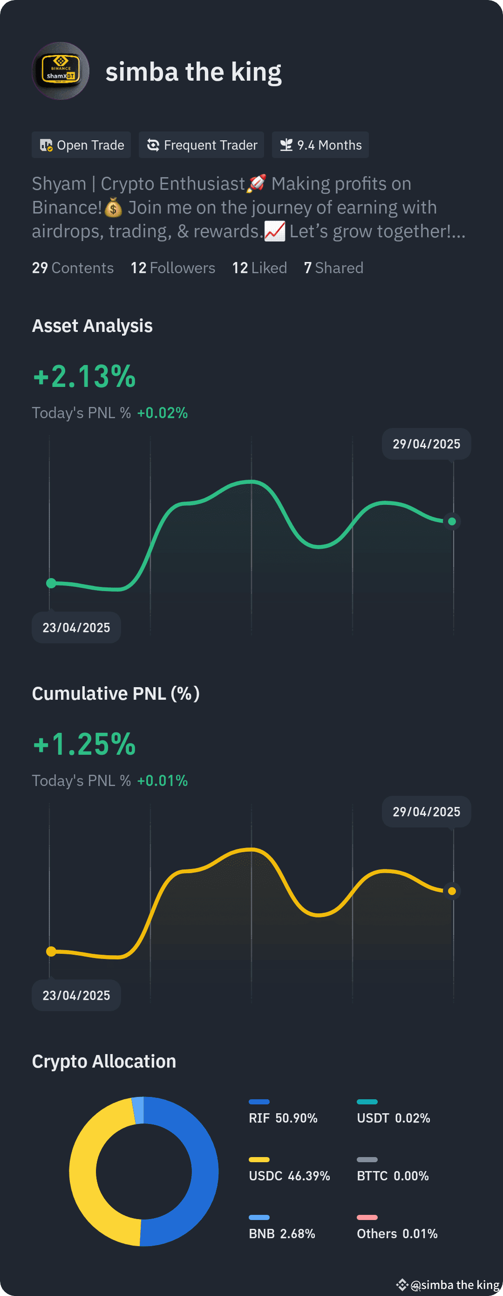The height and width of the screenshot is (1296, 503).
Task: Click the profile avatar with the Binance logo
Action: pyautogui.click(x=60, y=71)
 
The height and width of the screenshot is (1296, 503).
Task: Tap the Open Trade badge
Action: pyautogui.click(x=82, y=145)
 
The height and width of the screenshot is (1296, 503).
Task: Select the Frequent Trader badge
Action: pyautogui.click(x=202, y=145)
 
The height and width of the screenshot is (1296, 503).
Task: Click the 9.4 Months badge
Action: pyautogui.click(x=320, y=145)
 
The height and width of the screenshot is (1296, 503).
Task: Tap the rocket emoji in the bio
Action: pyautogui.click(x=256, y=183)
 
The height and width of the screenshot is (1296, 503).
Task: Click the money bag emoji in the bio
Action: pyautogui.click(x=114, y=207)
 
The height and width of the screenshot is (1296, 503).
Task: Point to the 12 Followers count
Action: pyautogui.click(x=172, y=268)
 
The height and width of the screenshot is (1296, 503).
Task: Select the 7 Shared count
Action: pyautogui.click(x=333, y=268)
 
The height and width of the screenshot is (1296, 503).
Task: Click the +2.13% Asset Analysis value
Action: pyautogui.click(x=84, y=376)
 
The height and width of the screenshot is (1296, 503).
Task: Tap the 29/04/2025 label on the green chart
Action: pyautogui.click(x=426, y=444)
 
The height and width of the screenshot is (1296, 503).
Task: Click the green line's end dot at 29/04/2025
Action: pyautogui.click(x=452, y=521)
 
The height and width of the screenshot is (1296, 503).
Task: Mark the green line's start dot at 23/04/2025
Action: pyautogui.click(x=51, y=583)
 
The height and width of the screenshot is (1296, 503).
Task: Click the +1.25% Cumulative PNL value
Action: pyautogui.click(x=84, y=744)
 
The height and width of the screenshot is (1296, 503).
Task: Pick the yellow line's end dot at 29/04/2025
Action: pyautogui.click(x=452, y=891)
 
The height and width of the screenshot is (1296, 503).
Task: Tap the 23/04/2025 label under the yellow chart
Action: pyautogui.click(x=76, y=995)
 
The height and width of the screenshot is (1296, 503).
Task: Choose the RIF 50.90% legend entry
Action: pyautogui.click(x=283, y=1118)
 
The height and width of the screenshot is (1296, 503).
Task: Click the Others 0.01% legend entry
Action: pyautogui.click(x=397, y=1234)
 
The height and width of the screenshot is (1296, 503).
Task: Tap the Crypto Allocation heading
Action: pyautogui.click(x=104, y=1061)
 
